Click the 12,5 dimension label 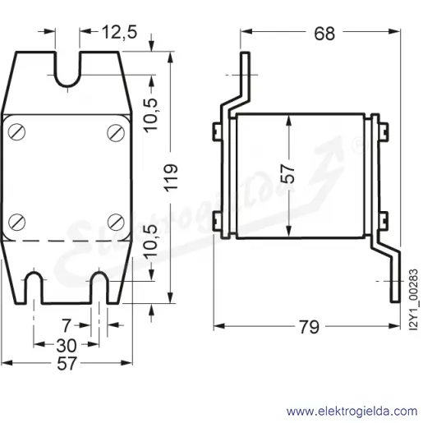119,32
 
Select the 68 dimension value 324,34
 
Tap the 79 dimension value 309,327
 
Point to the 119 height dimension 171,178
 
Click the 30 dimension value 67,345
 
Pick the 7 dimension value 67,326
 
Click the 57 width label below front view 67,364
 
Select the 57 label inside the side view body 288,173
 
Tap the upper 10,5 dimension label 151,115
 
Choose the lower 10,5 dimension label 151,241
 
